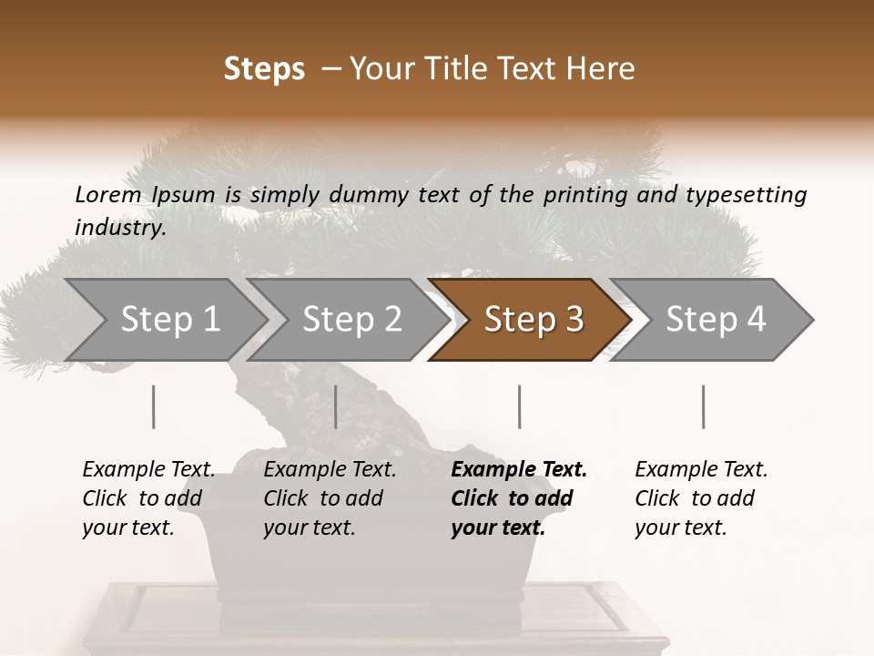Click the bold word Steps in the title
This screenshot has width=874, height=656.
[x=264, y=69]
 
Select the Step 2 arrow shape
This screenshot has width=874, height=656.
[x=351, y=320]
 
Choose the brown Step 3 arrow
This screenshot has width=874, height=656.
[x=534, y=320]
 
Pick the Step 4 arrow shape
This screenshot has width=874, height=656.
[x=716, y=320]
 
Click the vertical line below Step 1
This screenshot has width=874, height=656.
[x=154, y=406]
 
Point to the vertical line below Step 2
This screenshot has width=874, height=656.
[x=336, y=406]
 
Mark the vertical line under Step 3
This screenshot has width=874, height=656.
[x=519, y=406]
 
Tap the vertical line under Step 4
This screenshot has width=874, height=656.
[x=703, y=406]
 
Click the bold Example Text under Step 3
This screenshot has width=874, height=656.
[x=519, y=470]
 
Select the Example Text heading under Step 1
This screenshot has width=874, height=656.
[x=148, y=470]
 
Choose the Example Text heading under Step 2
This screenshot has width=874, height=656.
[x=330, y=470]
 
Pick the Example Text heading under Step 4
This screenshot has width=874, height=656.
[x=701, y=470]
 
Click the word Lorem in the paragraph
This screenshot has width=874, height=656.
[x=108, y=194]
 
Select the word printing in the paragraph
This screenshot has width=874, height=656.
[x=587, y=194]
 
